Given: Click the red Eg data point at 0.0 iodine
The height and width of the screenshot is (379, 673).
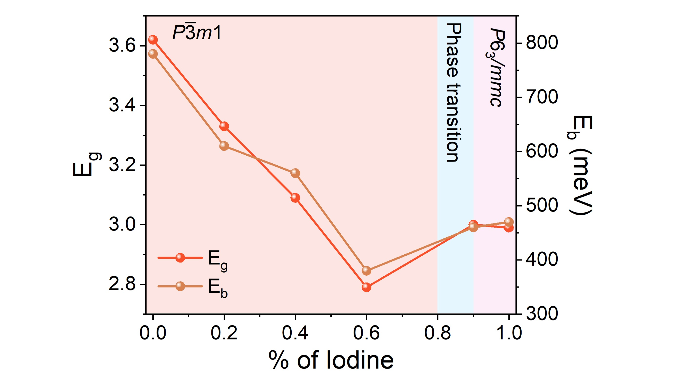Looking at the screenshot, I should (153, 40).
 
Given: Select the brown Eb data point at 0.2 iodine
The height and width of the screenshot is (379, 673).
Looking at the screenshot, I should (224, 146).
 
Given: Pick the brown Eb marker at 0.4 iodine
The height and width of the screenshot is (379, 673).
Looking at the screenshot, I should (295, 173).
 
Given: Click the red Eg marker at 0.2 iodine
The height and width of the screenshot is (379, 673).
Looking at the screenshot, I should (224, 126).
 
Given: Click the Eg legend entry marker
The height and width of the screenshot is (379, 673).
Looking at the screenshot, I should (180, 258).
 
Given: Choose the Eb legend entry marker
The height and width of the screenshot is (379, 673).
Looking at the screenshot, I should (180, 286).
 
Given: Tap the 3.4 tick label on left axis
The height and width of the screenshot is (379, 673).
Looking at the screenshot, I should (122, 106).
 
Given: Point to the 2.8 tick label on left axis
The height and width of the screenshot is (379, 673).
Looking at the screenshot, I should (122, 284).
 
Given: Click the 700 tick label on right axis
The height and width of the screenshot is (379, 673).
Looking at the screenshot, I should (542, 97).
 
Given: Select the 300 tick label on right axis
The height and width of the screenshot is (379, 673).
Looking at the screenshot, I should (542, 314).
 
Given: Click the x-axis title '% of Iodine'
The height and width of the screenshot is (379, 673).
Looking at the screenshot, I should (331, 360).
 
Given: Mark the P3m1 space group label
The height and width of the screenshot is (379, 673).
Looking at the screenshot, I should (197, 33).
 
